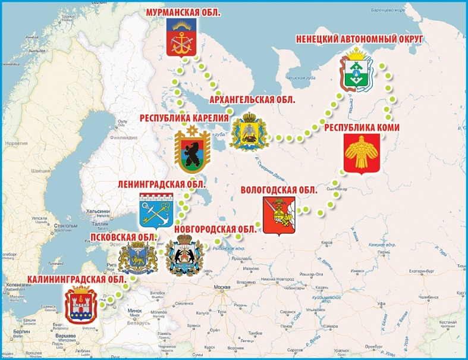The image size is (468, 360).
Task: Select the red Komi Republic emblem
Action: (362, 153)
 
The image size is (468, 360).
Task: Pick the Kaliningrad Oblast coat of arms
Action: (80, 305)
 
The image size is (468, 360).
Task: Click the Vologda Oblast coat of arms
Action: (278, 215)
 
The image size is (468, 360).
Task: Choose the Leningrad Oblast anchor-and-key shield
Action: (155, 211)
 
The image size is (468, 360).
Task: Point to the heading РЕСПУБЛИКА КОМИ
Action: (362, 127)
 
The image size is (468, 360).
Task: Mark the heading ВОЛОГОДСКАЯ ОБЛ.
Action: (278, 190)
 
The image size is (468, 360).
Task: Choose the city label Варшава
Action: (66, 336)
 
